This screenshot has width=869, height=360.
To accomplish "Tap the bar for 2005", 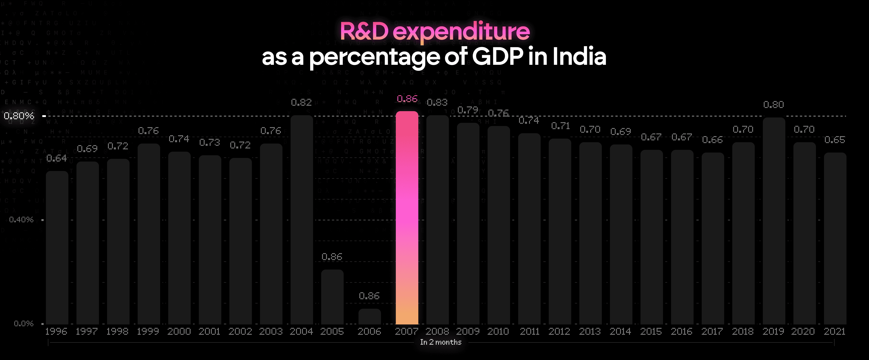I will (x=332, y=297).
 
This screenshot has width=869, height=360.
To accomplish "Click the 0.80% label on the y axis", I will (x=19, y=116).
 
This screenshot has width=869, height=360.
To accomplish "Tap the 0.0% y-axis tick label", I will (x=24, y=324).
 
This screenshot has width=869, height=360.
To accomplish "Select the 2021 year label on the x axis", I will (x=835, y=332).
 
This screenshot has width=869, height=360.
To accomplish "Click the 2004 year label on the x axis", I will (x=301, y=332).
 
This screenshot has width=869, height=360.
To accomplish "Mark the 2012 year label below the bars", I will (x=559, y=332).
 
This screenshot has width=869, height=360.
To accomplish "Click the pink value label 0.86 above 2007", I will (x=407, y=99).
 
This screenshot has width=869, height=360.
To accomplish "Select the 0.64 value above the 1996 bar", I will (x=57, y=158).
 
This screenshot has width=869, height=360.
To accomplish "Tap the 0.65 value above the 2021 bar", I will (x=835, y=140).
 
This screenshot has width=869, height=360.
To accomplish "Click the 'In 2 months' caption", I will (x=441, y=342).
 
